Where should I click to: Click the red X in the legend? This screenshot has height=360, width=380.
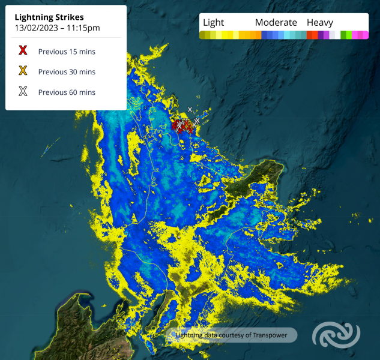pyautogui.click(x=23, y=51)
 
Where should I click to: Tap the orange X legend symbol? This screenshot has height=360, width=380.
pyautogui.click(x=23, y=71)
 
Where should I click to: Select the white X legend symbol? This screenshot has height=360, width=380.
pyautogui.click(x=23, y=92)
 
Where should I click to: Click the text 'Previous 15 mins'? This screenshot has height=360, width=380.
pyautogui.click(x=67, y=52)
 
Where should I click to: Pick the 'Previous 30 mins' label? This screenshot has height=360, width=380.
pyautogui.click(x=67, y=72)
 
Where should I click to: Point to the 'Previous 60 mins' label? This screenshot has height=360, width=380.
pyautogui.click(x=67, y=92)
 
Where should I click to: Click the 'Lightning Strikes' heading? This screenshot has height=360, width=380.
pyautogui.click(x=50, y=17)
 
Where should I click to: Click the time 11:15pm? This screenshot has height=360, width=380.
pyautogui.click(x=84, y=28)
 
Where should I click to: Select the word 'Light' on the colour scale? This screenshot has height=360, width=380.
pyautogui.click(x=213, y=23)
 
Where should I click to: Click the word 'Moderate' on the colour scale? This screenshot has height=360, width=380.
pyautogui.click(x=276, y=23)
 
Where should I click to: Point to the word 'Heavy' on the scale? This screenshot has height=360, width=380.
pyautogui.click(x=320, y=23)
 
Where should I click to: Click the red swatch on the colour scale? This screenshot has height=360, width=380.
pyautogui.click(x=312, y=35)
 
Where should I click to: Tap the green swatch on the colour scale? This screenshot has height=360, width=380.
pyautogui.click(x=346, y=35)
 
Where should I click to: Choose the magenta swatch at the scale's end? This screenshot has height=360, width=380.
pyautogui.click(x=363, y=35)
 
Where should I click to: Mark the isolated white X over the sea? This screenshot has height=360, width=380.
pyautogui.click(x=190, y=109)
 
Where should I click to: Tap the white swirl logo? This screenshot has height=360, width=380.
pyautogui.click(x=336, y=335)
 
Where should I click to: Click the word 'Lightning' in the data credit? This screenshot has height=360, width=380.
pyautogui.click(x=190, y=335)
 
